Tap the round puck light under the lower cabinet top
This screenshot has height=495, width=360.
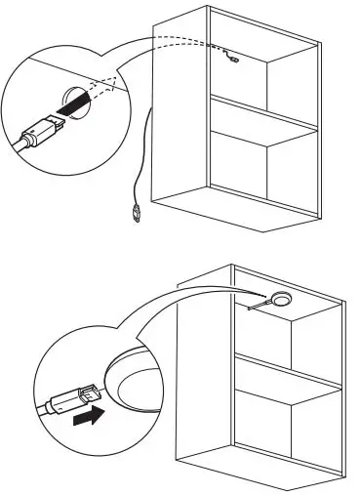(x=284, y=299)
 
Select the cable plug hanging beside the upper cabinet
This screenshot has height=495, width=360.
(x=134, y=212)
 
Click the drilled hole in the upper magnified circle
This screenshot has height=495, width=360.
(x=75, y=103)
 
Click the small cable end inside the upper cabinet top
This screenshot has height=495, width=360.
(x=230, y=60)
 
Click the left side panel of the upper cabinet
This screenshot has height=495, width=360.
(x=182, y=107)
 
